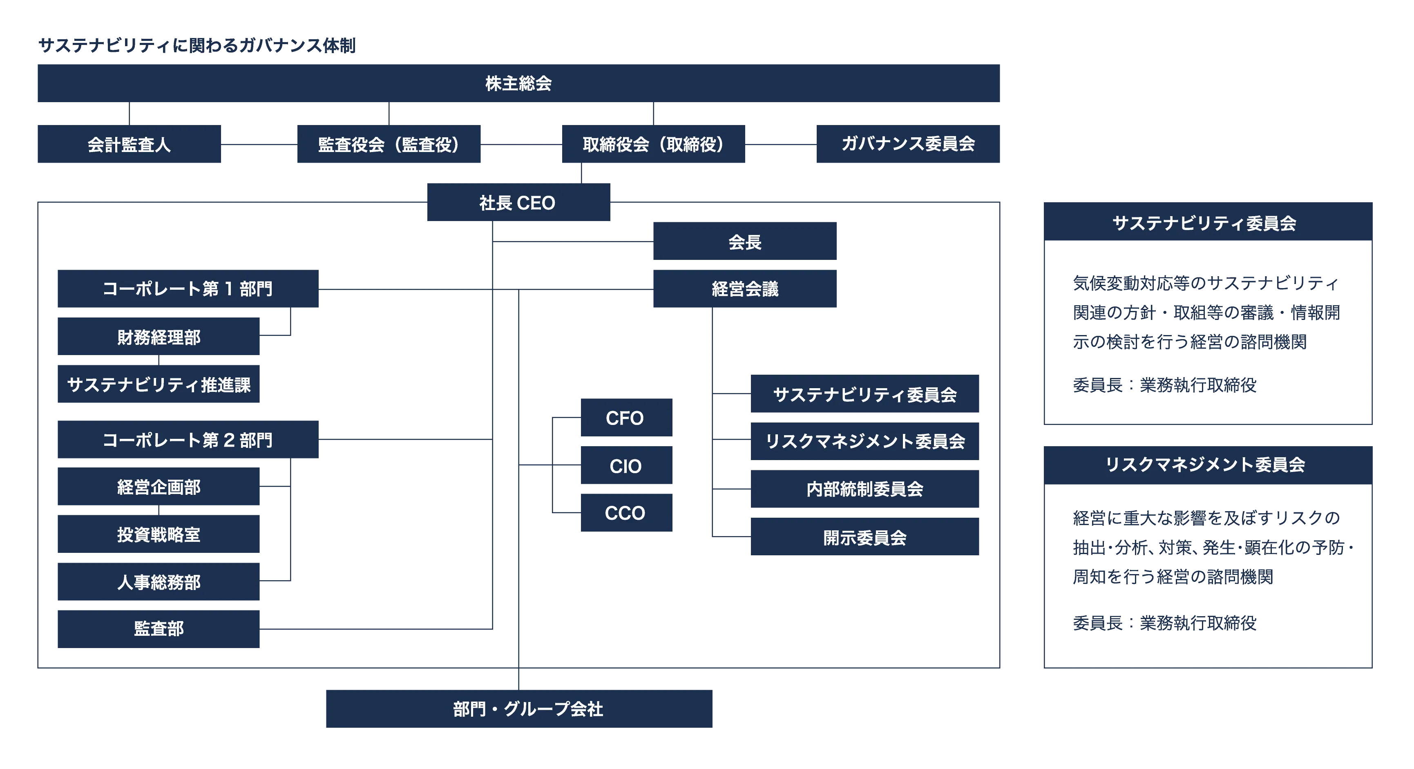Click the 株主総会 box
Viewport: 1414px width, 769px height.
518,83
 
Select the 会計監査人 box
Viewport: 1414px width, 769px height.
129,144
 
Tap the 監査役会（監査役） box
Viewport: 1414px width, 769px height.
389,144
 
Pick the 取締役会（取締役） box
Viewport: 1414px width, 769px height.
653,144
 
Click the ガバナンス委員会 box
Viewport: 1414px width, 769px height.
908,144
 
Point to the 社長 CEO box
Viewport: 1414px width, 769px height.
518,202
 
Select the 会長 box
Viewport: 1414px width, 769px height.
744,241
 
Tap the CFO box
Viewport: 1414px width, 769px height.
626,418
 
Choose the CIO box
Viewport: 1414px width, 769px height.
626,465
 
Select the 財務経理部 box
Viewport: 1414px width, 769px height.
159,336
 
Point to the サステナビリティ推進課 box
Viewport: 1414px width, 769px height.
159,384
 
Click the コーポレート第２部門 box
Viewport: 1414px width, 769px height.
188,439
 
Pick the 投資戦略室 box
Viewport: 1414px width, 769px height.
159,534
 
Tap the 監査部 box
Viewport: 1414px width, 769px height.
159,629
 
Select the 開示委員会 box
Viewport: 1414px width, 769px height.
864,536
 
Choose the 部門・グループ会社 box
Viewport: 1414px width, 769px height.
519,709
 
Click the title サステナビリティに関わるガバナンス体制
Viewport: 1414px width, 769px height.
197,45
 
